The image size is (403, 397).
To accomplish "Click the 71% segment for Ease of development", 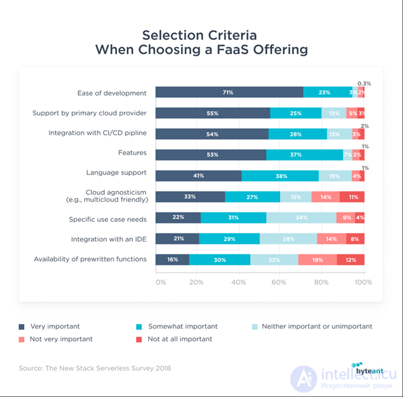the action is [229, 92].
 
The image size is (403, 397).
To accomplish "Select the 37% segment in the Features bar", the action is [304, 155].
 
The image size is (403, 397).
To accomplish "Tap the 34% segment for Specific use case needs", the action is [301, 218].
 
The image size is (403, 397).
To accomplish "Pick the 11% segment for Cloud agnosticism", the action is [352, 197].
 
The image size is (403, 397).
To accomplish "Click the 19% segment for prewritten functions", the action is [317, 260].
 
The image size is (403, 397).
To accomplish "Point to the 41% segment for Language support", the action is [198, 176].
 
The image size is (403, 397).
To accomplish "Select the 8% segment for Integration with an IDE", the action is [355, 239].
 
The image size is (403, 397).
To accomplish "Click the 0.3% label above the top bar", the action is [364, 84].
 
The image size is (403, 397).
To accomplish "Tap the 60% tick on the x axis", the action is [279, 282].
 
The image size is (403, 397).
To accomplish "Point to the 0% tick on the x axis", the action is [161, 282].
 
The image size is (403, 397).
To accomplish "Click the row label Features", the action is [132, 152].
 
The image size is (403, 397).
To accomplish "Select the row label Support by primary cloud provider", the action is [90, 113].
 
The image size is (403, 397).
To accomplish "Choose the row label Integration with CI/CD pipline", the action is [98, 133].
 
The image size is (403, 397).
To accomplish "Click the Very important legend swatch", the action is [21, 327].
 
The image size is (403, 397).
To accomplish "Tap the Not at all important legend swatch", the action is [139, 340].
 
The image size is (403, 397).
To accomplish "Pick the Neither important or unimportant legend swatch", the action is [255, 327].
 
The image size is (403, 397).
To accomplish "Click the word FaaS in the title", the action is [233, 49].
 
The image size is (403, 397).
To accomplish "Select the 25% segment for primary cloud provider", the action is [296, 113].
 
